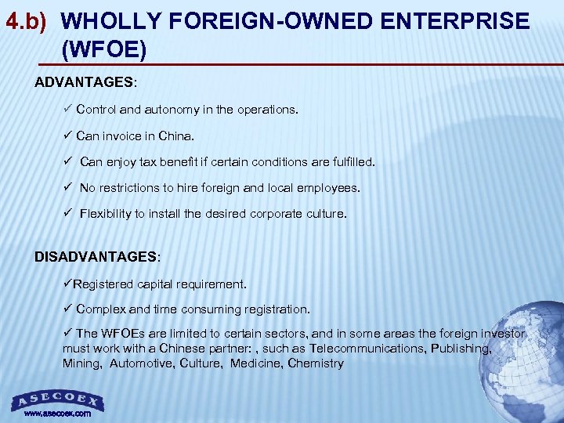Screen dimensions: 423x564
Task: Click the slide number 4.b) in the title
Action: [28, 22]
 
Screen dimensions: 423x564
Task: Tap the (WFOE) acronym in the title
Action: [103, 50]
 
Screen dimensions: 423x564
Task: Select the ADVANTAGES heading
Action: [85, 82]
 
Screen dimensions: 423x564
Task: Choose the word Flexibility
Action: [107, 214]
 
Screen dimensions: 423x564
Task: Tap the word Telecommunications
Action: [366, 349]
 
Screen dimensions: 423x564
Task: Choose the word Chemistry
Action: [316, 363]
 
